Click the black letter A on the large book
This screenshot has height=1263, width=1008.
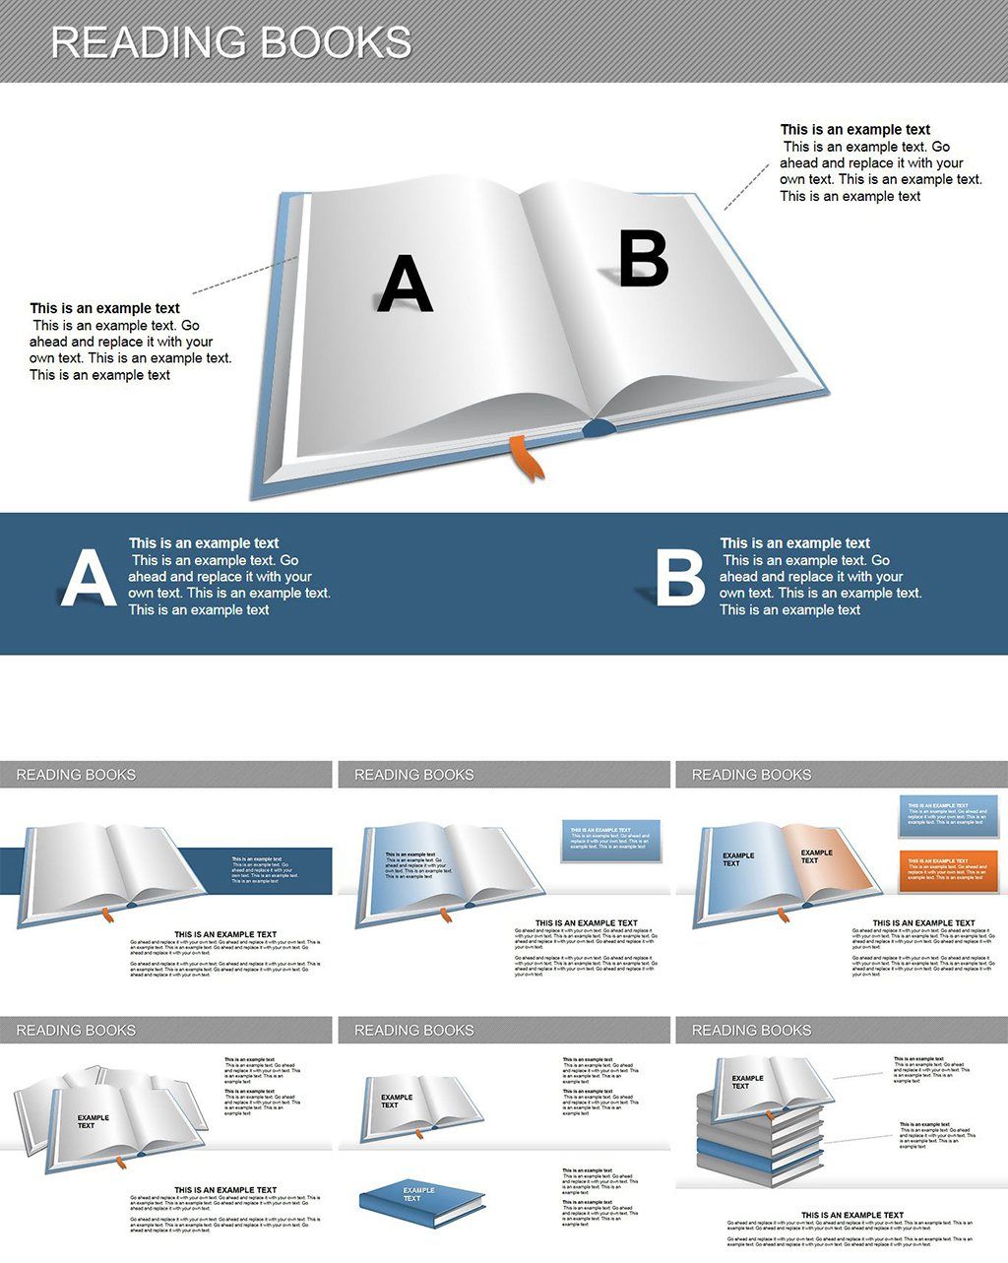(x=405, y=284)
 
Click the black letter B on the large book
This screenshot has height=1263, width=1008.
(x=644, y=258)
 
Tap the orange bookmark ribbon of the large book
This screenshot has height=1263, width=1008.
(x=525, y=458)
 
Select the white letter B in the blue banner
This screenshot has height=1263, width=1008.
(x=680, y=578)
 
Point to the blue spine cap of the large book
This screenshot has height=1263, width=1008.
(x=598, y=427)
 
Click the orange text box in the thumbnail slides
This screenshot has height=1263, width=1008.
(x=947, y=871)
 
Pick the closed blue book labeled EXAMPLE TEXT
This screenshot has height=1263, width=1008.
(x=420, y=1201)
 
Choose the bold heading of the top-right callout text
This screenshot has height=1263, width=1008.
(x=854, y=130)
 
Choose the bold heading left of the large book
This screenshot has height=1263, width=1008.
(x=104, y=309)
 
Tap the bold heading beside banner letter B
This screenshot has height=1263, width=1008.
(x=794, y=543)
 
